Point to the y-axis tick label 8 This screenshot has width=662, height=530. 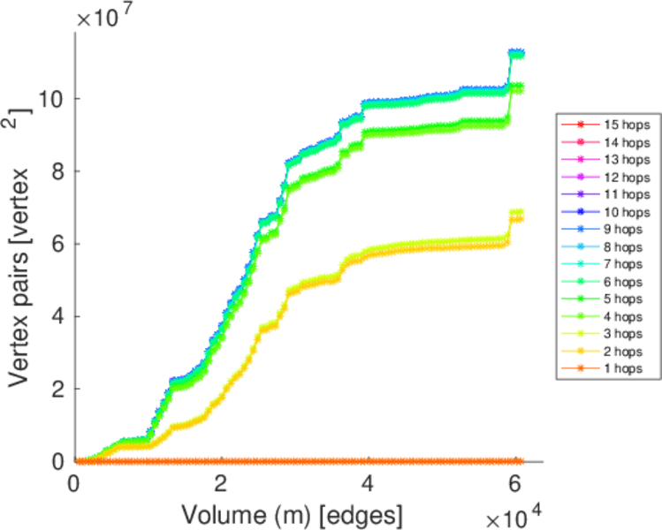click(58, 171)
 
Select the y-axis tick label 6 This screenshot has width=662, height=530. click(58, 244)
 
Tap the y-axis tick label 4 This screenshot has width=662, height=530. click(58, 316)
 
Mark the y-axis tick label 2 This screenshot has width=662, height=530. click(58, 389)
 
